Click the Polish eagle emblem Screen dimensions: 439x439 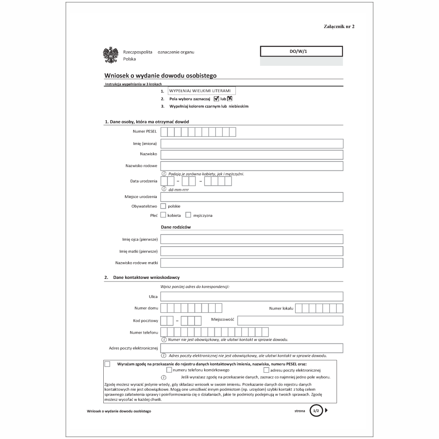click(x=111, y=55)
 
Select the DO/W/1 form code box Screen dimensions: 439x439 click(x=301, y=52)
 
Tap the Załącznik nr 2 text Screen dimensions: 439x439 click(x=339, y=27)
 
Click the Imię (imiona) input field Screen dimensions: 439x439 click(x=252, y=143)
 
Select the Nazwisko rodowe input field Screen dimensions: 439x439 click(x=252, y=166)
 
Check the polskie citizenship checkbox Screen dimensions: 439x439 click(x=163, y=206)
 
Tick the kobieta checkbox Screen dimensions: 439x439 click(x=163, y=215)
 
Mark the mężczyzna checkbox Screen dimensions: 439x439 click(x=188, y=215)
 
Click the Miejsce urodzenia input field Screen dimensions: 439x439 click(x=252, y=197)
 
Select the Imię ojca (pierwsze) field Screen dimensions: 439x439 click(x=252, y=239)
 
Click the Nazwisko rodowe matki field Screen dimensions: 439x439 click(x=252, y=263)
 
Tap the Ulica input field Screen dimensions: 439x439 click(x=252, y=297)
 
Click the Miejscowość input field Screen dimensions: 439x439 click(x=290, y=320)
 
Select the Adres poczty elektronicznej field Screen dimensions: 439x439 click(x=252, y=348)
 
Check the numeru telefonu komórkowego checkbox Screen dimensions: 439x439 click(x=169, y=370)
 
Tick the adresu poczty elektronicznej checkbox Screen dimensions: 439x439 click(x=266, y=370)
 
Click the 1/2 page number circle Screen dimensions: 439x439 click(x=315, y=411)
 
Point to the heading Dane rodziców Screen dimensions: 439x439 click(x=176, y=227)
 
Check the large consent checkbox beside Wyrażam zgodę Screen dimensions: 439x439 click(x=107, y=364)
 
